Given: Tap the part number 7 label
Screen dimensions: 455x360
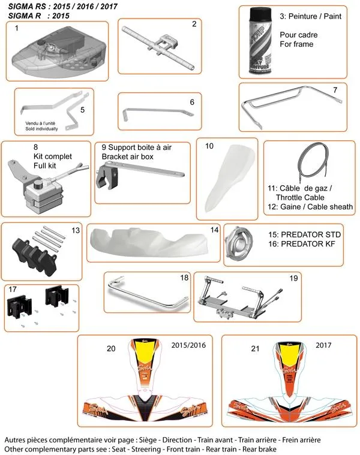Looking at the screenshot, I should pyautogui.click(x=335, y=90).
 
